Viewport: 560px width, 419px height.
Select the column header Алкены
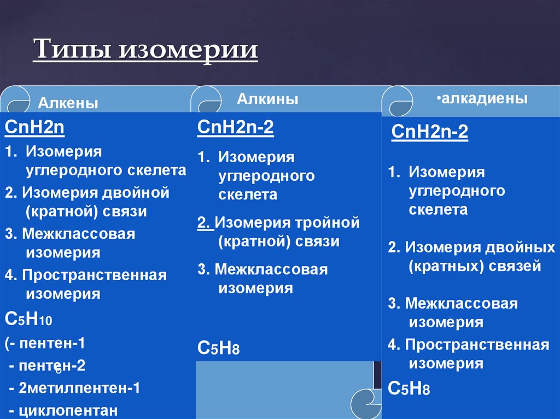[68, 103]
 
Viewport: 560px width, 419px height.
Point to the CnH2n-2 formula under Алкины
[236, 128]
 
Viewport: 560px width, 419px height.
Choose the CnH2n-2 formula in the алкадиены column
[430, 132]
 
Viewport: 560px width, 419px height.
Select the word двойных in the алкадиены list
[520, 247]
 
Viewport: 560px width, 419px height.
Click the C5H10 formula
[28, 320]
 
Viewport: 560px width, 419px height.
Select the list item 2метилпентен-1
[79, 388]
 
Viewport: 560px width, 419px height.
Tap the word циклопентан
[68, 410]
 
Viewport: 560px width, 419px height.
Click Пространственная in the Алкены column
[94, 275]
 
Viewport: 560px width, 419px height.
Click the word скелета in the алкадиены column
[438, 209]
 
